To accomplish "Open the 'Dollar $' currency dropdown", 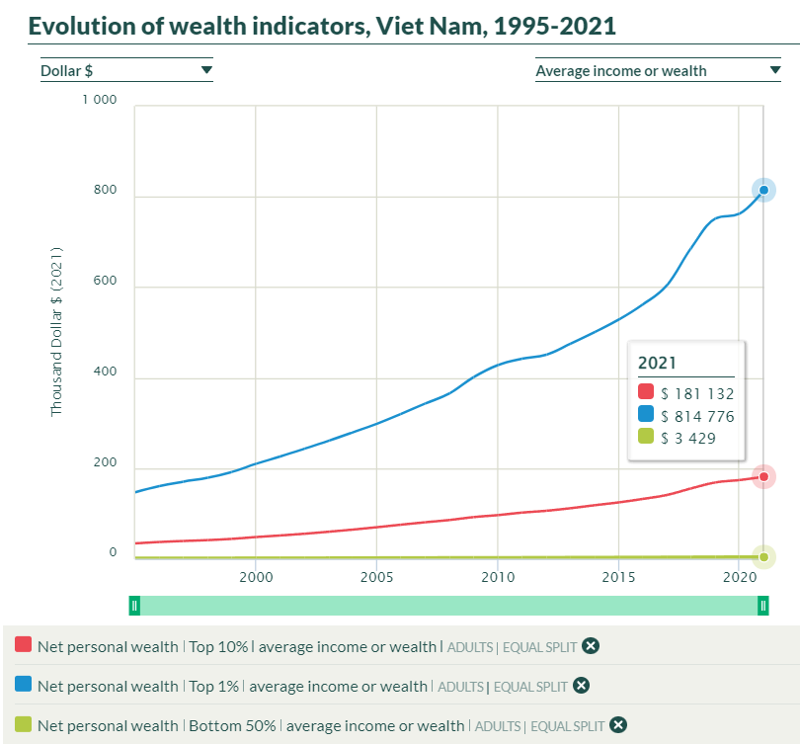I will [x=126, y=70].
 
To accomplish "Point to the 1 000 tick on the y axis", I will [x=99, y=100].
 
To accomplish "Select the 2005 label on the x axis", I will [x=376, y=576].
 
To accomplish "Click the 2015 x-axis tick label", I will [x=618, y=576].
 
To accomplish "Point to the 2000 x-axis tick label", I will [x=256, y=576].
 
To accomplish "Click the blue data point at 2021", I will [x=763, y=190].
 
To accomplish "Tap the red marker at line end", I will [x=763, y=476].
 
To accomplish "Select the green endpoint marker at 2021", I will [x=763, y=557].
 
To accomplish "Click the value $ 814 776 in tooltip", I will [x=697, y=416].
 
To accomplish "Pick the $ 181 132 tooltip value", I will [x=697, y=393].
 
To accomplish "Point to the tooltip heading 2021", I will [x=658, y=363].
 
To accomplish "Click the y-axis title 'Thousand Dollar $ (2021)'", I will [x=56, y=330].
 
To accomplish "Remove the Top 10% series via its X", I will [x=591, y=646].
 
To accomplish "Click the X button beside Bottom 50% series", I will [x=618, y=725].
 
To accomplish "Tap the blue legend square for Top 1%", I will [x=24, y=686].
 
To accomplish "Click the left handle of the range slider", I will [x=134, y=606].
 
